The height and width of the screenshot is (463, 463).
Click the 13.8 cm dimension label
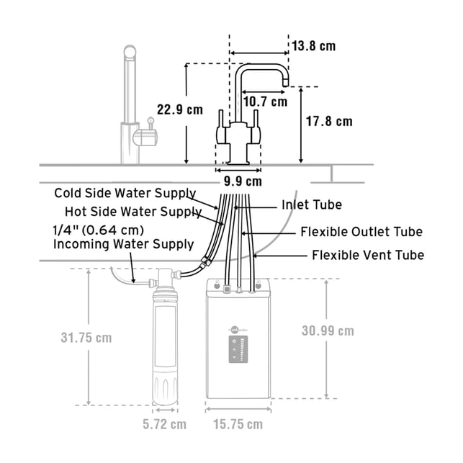click(x=313, y=46)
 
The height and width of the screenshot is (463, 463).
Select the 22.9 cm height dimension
click(x=180, y=109)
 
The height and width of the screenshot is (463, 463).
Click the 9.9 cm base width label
click(x=241, y=181)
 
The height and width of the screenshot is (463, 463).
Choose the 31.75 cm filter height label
click(x=86, y=338)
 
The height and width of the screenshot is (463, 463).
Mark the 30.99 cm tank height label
click(x=328, y=331)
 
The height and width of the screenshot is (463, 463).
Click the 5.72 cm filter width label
click(x=164, y=424)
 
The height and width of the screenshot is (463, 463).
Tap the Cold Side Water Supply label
click(x=125, y=193)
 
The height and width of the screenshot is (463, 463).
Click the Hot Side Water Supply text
click(x=133, y=212)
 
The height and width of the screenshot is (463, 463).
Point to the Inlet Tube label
click(x=310, y=205)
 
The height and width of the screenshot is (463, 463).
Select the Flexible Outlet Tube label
click(x=361, y=232)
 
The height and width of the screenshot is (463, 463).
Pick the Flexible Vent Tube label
click(x=367, y=255)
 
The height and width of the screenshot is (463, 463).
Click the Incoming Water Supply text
click(x=123, y=245)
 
